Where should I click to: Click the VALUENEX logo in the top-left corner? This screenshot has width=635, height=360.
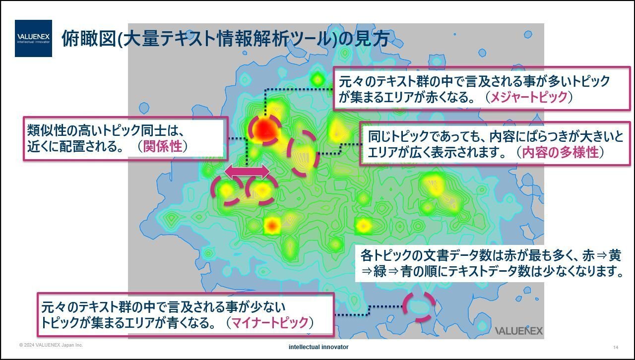[33, 38]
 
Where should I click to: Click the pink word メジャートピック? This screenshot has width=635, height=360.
[528, 98]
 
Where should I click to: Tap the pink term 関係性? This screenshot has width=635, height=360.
[162, 146]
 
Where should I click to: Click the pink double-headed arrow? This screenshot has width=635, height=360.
[247, 172]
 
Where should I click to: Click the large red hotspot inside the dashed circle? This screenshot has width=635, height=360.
[264, 129]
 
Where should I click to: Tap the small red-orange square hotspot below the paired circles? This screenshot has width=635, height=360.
[271, 226]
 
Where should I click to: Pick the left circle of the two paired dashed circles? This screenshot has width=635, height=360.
[227, 190]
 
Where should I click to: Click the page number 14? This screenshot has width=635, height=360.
[615, 347]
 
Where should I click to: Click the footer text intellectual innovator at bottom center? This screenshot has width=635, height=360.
[318, 347]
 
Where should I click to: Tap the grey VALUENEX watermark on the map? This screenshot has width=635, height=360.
[519, 331]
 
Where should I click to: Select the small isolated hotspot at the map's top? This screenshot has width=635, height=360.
[317, 78]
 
